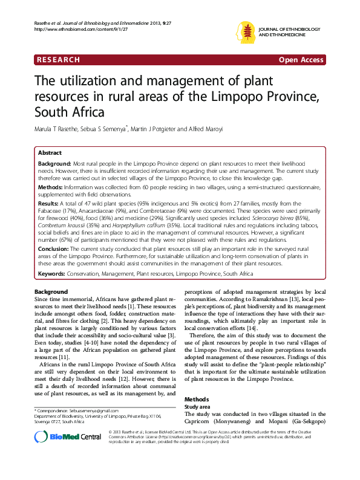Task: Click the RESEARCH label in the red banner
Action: click(x=58, y=60)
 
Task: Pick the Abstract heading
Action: click(x=50, y=153)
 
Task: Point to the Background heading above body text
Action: click(x=51, y=292)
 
